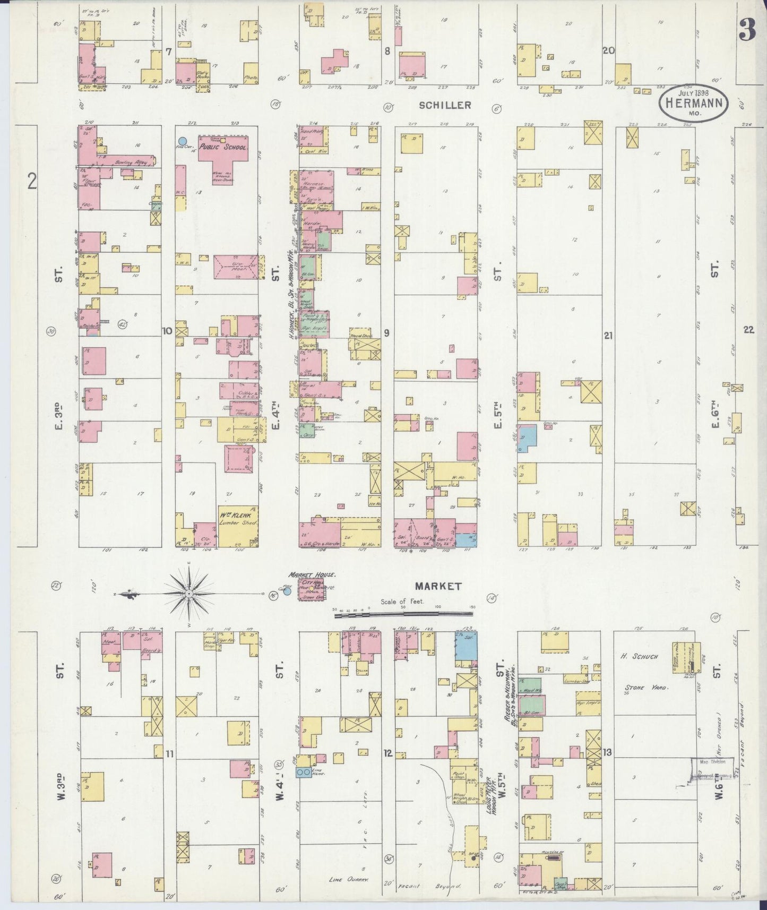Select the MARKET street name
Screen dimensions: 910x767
[x=438, y=586]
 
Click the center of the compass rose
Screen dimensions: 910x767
[x=189, y=593]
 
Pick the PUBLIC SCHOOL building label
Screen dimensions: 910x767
[x=223, y=147]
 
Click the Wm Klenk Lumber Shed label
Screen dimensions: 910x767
[x=238, y=519]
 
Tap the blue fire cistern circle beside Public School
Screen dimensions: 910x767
[x=183, y=141]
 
